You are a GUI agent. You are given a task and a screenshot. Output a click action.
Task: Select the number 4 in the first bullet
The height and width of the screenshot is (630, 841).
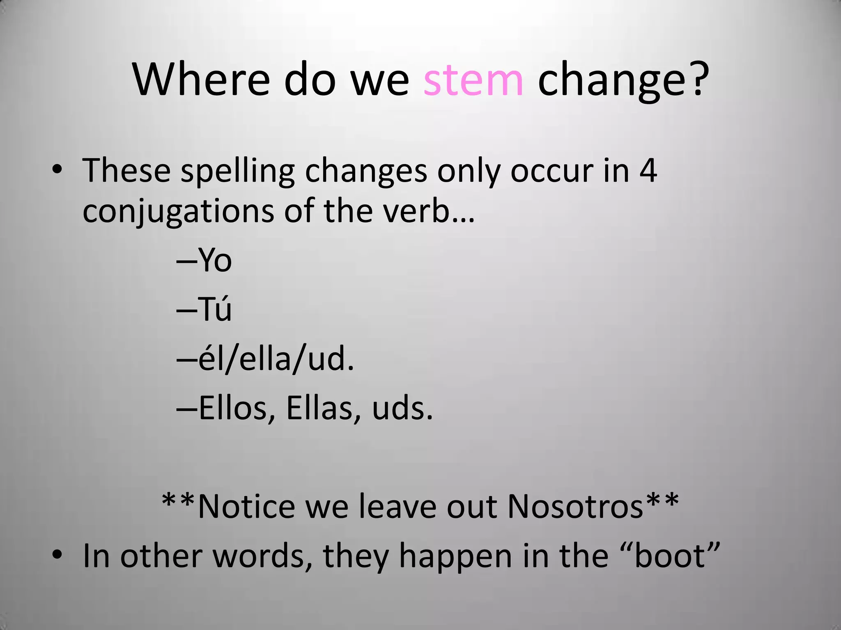point(648,170)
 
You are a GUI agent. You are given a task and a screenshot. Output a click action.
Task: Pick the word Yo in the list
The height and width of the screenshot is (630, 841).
point(215,260)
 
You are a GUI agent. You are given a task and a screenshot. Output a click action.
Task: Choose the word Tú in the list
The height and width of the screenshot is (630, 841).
point(215,308)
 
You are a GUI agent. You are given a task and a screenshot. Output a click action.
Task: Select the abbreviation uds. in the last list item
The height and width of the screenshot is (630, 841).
point(402,409)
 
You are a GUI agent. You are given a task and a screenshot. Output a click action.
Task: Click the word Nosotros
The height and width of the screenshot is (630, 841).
point(575,507)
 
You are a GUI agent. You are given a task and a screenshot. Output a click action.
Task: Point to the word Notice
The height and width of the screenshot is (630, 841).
point(246,507)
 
